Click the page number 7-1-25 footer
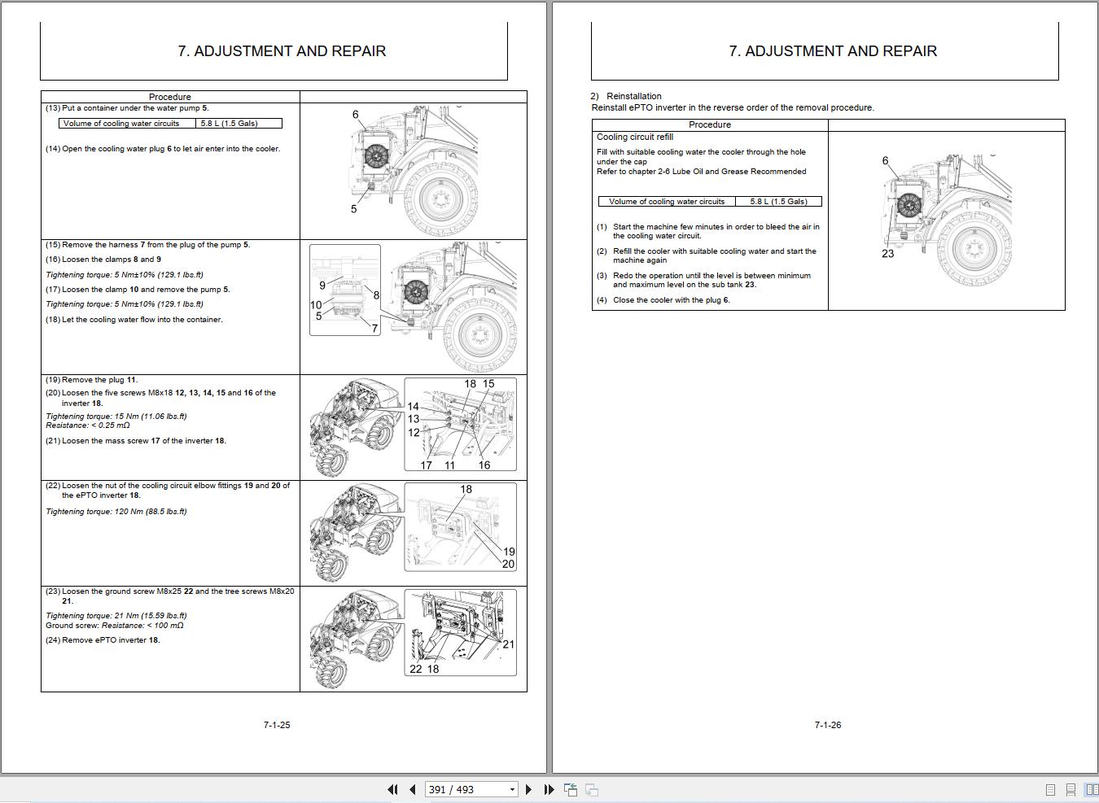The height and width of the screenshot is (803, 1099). click(x=277, y=725)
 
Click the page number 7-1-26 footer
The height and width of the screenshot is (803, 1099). click(x=827, y=725)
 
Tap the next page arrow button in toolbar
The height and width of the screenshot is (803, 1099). click(x=528, y=789)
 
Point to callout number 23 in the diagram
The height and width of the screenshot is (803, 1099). click(x=887, y=254)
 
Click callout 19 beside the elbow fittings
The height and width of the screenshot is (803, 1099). click(x=509, y=552)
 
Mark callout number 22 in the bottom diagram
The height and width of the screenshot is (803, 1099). click(x=415, y=669)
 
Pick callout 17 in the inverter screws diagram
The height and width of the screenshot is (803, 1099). click(x=426, y=465)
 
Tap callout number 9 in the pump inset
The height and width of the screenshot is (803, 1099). click(x=322, y=285)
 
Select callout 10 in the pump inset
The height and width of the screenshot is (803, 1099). click(x=316, y=305)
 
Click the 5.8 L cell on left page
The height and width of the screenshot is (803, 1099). click(x=229, y=124)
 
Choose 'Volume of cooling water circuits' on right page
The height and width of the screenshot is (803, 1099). click(x=666, y=202)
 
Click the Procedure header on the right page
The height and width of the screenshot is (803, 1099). click(x=709, y=124)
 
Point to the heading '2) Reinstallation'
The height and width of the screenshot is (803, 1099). click(x=626, y=96)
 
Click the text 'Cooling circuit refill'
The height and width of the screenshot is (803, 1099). click(x=635, y=137)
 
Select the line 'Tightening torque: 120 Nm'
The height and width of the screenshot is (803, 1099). click(x=116, y=512)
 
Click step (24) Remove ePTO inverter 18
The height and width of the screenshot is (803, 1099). click(x=103, y=640)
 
